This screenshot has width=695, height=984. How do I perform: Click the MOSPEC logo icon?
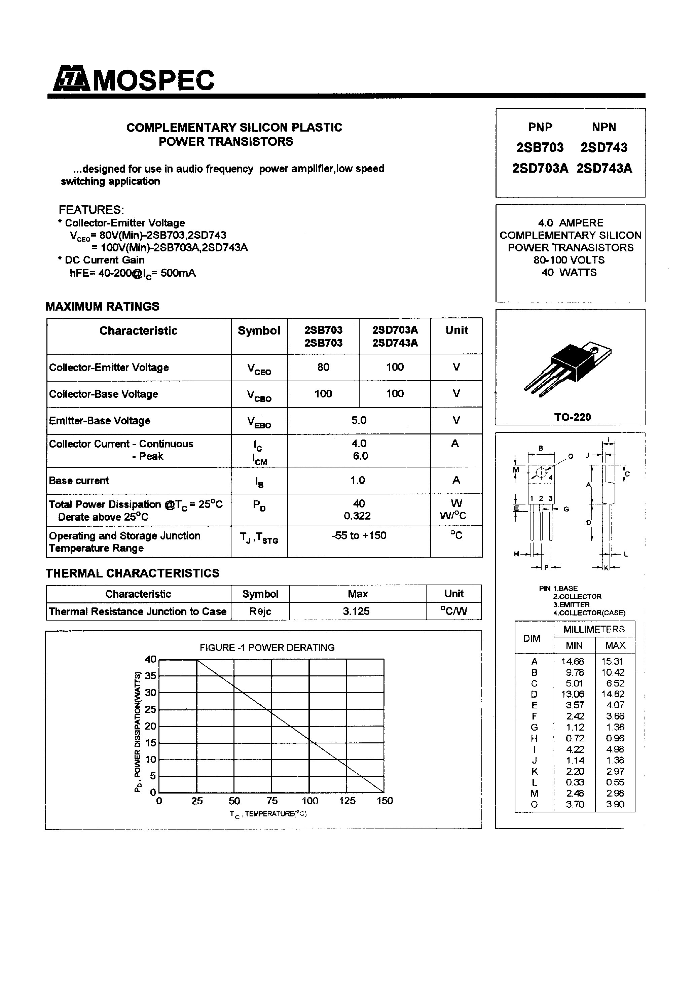[x=71, y=80]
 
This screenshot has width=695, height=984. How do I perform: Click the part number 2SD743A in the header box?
[x=604, y=168]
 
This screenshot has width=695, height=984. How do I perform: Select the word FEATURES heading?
[x=91, y=210]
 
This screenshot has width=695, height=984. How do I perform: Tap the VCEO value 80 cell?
[x=323, y=367]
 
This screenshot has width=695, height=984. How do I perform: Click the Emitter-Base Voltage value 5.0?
[x=359, y=420]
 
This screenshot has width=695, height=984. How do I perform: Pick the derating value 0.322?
[x=357, y=516]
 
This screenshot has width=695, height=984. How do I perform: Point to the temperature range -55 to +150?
[x=359, y=536]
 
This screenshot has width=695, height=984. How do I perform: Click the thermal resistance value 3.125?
[x=356, y=611]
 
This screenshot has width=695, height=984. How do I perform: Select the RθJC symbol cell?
[x=260, y=611]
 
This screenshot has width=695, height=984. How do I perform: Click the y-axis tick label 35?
[x=150, y=676]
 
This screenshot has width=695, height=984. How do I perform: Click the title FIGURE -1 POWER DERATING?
[x=267, y=647]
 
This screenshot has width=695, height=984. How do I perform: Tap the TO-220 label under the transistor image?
[x=573, y=417]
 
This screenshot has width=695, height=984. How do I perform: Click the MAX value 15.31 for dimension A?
[x=615, y=661]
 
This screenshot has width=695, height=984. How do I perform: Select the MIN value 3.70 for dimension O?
[x=575, y=804]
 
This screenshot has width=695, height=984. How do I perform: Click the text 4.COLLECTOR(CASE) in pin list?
[x=589, y=613]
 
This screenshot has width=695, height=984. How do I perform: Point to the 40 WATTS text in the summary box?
[x=569, y=273]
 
